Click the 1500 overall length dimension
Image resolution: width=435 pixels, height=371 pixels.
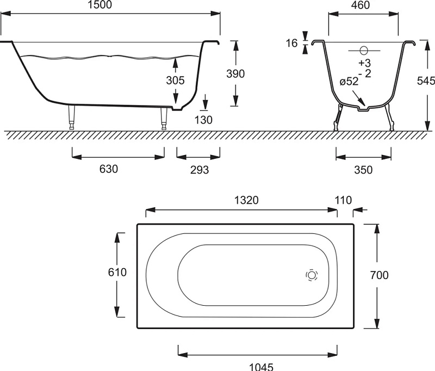100,4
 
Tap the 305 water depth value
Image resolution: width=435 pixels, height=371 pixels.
175,81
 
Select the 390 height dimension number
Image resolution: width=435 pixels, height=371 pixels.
235,74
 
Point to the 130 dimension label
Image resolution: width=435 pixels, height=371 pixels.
203,120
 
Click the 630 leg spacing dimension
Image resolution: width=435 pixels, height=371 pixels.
109,169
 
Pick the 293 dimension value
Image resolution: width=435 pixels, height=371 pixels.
200,170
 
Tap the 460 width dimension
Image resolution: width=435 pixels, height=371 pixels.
361,5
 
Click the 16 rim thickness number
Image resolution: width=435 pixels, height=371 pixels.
292,44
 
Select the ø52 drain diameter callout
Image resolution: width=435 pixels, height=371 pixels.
349,82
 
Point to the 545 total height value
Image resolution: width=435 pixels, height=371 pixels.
426,81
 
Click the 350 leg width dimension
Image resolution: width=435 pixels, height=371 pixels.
363,170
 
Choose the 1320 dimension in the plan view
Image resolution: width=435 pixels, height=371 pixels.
246,200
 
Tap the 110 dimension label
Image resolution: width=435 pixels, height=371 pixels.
344,200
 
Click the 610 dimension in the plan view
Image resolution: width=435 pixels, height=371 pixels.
117,272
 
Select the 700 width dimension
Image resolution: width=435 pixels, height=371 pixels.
379,275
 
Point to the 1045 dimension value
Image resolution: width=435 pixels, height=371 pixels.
262,367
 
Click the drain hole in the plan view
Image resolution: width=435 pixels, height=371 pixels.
312,275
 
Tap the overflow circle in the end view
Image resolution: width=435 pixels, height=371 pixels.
364,51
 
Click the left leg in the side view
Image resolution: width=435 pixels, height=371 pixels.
72,117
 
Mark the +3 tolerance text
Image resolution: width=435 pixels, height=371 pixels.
364,63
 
